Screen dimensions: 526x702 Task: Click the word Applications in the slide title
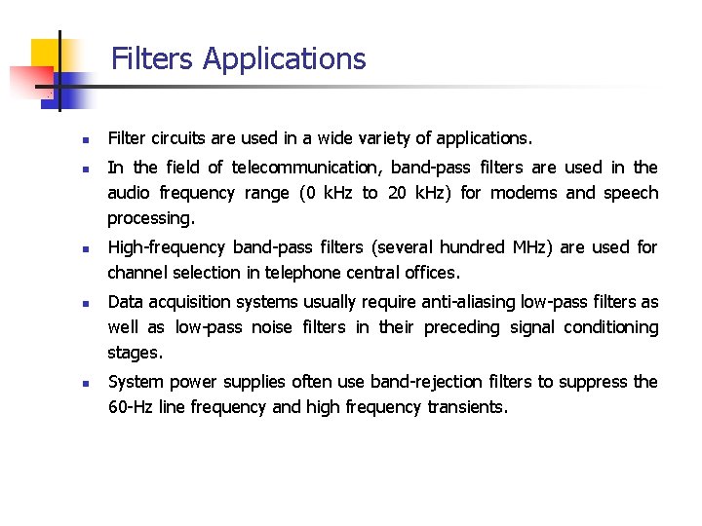(x=284, y=59)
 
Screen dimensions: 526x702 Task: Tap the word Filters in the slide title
(x=153, y=59)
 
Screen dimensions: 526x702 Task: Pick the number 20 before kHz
(x=397, y=193)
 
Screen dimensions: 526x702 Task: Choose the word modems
(x=524, y=193)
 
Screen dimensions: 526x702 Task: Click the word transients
(x=467, y=407)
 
